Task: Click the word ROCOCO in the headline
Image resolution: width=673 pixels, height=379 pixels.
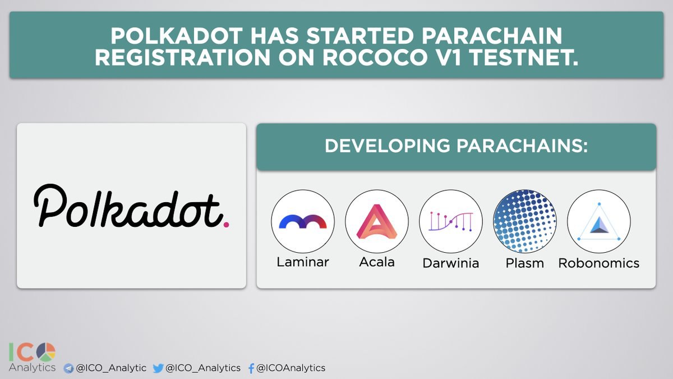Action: point(375,57)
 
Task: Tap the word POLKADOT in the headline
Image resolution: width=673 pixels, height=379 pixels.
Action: point(177,36)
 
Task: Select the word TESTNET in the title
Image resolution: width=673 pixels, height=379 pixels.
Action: point(523,57)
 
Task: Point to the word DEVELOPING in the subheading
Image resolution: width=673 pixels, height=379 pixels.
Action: point(388,146)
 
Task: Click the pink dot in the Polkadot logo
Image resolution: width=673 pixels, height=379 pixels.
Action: point(226,224)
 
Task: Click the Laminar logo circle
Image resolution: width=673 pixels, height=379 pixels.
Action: point(303,221)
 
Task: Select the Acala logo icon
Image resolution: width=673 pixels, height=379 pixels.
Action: point(377,221)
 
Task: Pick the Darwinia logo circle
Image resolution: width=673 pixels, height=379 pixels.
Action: point(451,221)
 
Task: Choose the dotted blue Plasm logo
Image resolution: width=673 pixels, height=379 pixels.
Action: point(524,221)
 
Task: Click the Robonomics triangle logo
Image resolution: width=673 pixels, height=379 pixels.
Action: point(599,222)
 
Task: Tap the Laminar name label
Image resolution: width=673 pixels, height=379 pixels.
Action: point(302,262)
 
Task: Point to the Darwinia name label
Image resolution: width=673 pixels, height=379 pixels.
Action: point(451,263)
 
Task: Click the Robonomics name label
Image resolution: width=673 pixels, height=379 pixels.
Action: point(598,263)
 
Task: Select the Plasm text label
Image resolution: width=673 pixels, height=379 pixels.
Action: point(524,263)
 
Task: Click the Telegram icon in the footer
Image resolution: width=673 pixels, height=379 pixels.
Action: point(68,368)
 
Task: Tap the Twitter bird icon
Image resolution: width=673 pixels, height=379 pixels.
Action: point(158,368)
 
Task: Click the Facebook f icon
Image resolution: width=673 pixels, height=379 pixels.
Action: point(251,368)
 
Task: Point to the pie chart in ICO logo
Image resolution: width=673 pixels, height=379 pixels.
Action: point(46,352)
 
